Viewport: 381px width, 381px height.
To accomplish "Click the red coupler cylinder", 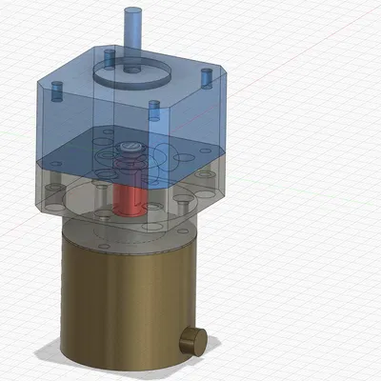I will [128, 196].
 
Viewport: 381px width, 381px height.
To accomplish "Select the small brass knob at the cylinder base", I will [195, 338].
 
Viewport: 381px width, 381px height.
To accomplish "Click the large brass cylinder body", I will [119, 295].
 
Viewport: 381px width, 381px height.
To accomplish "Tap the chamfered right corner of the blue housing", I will [217, 105].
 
